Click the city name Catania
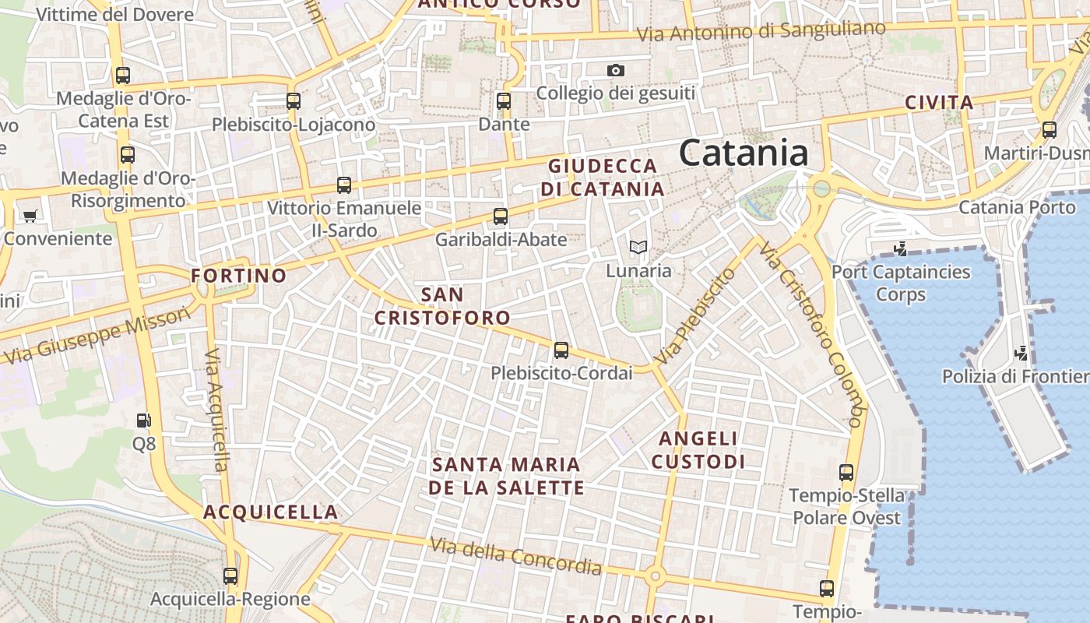point(744,153)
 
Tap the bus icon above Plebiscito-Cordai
point(561,350)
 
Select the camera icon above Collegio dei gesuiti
point(616,71)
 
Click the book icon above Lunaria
point(638,248)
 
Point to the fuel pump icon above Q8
point(143,421)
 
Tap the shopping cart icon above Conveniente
point(30,216)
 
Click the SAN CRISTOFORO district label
point(442,306)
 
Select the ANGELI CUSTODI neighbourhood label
point(698,450)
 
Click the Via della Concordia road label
point(515,555)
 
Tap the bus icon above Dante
point(504,101)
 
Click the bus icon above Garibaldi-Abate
point(501,216)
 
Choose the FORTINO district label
point(239,276)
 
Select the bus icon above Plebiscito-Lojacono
point(294,101)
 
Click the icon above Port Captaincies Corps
point(901,249)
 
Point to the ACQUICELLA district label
point(271,512)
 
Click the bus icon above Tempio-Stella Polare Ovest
point(846,472)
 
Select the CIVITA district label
point(939,103)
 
